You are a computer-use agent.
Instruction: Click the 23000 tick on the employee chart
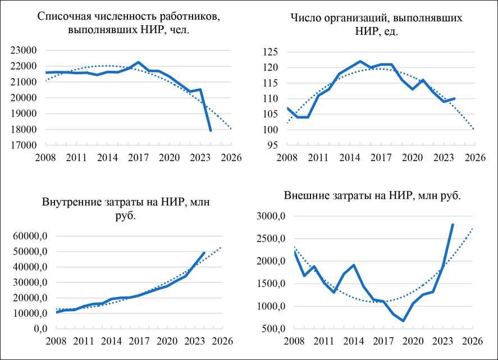24,51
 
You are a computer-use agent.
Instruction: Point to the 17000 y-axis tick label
24,145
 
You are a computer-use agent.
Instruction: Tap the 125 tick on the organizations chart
271,52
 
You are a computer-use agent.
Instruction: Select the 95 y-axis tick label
273,145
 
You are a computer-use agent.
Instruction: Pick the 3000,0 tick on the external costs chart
272,216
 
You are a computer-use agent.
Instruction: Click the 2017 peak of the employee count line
139,62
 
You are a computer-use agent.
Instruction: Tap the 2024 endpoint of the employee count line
211,130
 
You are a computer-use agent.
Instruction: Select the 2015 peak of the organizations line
359,61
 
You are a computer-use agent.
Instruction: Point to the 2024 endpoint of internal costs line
204,253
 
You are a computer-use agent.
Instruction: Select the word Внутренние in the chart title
68,202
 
